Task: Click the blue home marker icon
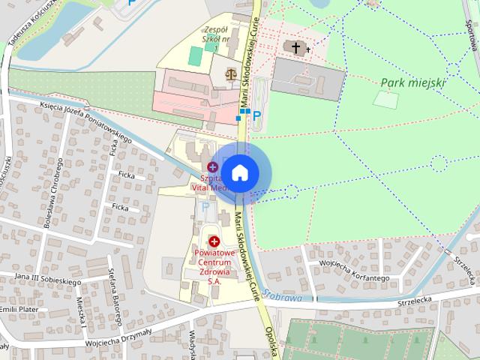click(x=239, y=172)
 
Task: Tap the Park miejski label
click(x=412, y=82)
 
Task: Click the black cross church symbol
click(x=296, y=49)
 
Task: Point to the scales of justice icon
click(x=229, y=74)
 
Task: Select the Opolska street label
click(x=271, y=342)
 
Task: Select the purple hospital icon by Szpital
click(x=213, y=166)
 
